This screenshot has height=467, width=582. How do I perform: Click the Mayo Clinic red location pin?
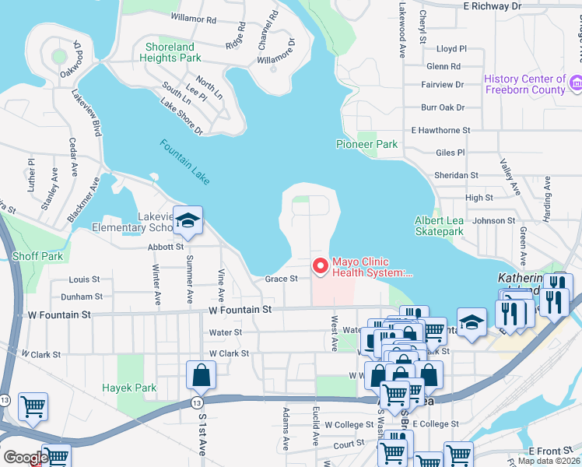[320, 267]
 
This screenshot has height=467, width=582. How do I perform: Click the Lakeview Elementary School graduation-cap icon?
[188, 222]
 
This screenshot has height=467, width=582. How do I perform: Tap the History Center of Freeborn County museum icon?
[576, 82]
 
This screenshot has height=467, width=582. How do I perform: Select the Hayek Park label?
[129, 388]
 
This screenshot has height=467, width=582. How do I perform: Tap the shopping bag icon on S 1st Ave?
[201, 376]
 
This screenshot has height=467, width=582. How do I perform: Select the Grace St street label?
[281, 279]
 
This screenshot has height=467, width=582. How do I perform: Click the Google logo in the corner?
[25, 458]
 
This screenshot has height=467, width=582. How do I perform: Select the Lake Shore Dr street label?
[181, 117]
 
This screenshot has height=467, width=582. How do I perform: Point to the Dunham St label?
[82, 297]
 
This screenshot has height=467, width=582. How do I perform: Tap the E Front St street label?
[550, 451]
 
